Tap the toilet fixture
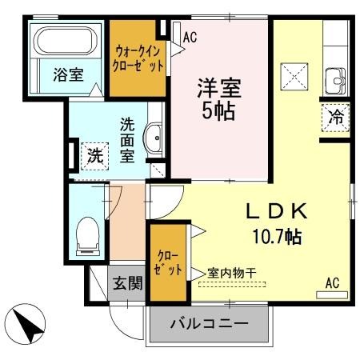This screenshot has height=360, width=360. (88, 236)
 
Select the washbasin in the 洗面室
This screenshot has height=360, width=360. (153, 138)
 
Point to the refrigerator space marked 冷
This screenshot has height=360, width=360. (336, 118)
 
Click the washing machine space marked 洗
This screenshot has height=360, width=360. (95, 156)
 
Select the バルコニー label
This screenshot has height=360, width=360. (210, 324)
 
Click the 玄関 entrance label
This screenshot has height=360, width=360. (128, 283)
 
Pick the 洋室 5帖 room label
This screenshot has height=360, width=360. (219, 99)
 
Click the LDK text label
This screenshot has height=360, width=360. (277, 211)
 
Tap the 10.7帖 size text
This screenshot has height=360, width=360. (277, 237)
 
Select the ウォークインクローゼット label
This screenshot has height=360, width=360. (138, 58)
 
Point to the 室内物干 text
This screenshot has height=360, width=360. (232, 273)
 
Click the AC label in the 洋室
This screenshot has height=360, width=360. (190, 38)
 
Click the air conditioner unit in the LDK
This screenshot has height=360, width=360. (332, 295)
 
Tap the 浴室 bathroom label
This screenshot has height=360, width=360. (68, 74)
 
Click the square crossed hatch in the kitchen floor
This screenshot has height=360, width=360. (294, 77)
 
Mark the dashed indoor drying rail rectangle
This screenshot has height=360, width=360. (232, 284)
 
